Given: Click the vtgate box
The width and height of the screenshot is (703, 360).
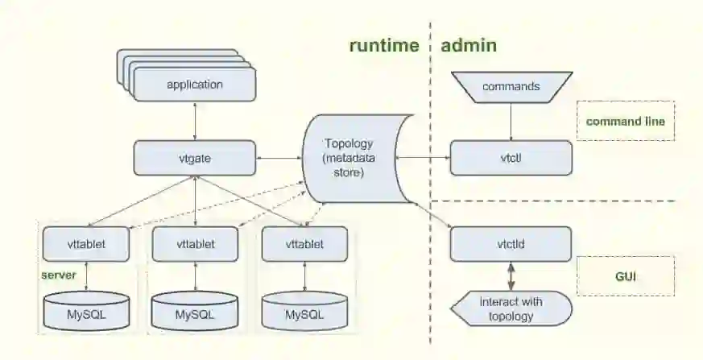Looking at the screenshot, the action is pos(195,158).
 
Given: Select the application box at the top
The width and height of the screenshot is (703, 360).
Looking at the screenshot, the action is pos(195,85).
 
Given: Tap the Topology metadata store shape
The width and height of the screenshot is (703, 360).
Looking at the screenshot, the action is pos(358,158).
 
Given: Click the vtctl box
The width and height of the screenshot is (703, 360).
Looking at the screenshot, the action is pos(511,158).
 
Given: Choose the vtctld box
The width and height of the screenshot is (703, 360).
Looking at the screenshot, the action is pos(511,244).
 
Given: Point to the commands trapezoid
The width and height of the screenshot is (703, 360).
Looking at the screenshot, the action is pos(511,87).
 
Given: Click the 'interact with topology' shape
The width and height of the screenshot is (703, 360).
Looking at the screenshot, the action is pos(511,308).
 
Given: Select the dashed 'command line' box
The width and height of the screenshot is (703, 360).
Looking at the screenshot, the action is pos(626,121).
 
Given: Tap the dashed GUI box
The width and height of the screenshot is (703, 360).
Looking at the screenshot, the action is pos(626,276).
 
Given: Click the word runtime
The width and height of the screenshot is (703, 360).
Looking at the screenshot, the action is pos(384,45).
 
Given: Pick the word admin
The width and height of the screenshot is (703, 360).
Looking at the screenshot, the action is pos(469,45).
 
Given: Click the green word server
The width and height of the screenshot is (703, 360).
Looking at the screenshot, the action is pos(59,275).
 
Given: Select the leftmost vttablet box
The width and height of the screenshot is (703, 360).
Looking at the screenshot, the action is pos(86,244).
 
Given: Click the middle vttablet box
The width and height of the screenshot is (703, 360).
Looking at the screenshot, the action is pos(196,244).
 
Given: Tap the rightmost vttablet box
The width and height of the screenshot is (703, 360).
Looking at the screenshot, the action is pos(305,244).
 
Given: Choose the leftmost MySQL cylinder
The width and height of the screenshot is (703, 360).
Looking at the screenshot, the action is pos(86,311).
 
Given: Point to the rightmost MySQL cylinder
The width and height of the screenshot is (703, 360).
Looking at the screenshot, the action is pos(305,311).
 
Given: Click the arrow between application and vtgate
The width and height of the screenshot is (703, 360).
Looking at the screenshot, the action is pos(195,121).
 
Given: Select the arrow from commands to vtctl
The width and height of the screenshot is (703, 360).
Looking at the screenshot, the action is pos(511,122).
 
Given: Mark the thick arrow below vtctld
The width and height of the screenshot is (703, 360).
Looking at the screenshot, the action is pos(511,276).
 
